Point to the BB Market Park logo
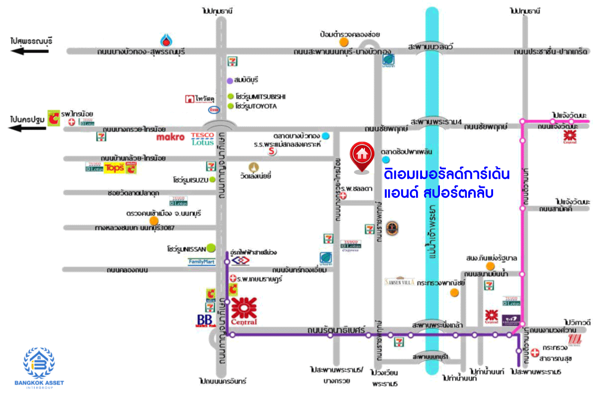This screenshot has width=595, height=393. (205, 320)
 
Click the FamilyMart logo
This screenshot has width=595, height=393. (201, 262)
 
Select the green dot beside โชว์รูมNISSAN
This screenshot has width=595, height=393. (211, 247)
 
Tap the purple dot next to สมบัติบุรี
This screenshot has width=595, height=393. (230, 80)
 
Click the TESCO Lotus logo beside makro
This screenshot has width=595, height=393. (202, 138)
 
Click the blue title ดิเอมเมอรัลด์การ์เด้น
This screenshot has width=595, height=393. (447, 175)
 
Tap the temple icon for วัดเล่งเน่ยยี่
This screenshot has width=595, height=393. (254, 167)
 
